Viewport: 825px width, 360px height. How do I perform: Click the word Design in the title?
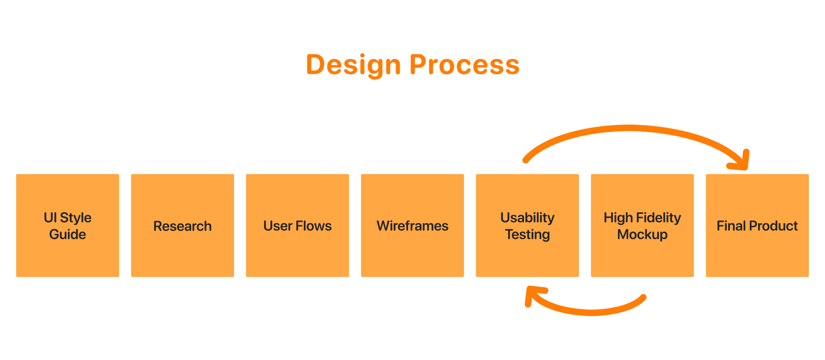[x=353, y=65]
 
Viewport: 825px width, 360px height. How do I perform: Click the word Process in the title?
[x=464, y=65]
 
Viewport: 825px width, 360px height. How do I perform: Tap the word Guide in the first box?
[x=68, y=234]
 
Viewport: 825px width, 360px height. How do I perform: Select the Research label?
[x=182, y=226]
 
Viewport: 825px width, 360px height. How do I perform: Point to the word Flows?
[x=313, y=226]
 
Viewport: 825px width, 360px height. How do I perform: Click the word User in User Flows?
[x=278, y=226]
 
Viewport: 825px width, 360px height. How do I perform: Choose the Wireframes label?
[x=412, y=226]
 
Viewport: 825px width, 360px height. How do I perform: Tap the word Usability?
[x=527, y=218]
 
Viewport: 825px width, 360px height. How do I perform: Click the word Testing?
[x=527, y=235]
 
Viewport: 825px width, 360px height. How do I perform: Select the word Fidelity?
[x=658, y=218]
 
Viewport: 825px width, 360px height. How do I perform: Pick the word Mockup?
[x=642, y=234]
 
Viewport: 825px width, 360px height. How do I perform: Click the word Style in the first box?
[x=76, y=218]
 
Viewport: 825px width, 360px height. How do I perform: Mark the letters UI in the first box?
[x=50, y=218]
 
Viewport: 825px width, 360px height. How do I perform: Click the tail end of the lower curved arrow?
[x=643, y=297]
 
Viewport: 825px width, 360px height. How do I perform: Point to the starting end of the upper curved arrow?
[x=526, y=160]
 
